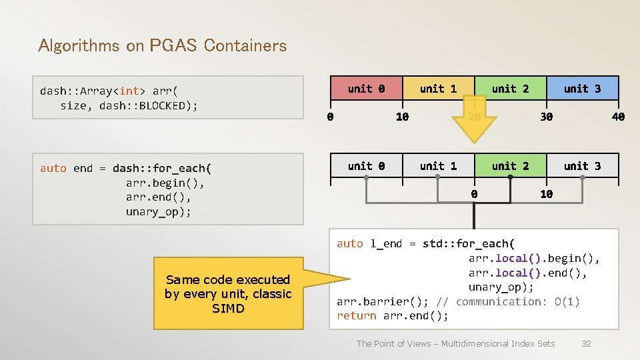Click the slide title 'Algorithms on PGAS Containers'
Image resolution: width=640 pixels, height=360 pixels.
pyautogui.click(x=163, y=45)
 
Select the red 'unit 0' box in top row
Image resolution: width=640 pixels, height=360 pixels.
pyautogui.click(x=366, y=89)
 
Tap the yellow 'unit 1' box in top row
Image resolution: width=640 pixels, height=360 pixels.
pyautogui.click(x=438, y=89)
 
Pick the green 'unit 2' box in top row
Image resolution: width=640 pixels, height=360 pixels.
pyautogui.click(x=510, y=89)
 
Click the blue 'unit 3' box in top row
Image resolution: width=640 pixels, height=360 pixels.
pyautogui.click(x=582, y=89)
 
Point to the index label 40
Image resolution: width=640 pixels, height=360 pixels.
pyautogui.click(x=618, y=117)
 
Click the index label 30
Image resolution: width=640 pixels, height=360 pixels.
pyautogui.click(x=546, y=117)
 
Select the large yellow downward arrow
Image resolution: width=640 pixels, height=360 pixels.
pyautogui.click(x=474, y=123)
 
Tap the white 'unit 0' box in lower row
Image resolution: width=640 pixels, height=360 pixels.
pyautogui.click(x=366, y=166)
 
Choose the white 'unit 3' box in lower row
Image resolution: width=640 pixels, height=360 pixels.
pyautogui.click(x=582, y=166)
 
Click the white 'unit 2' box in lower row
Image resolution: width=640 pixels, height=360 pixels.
pyautogui.click(x=510, y=166)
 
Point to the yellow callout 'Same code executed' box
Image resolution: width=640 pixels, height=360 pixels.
pyautogui.click(x=228, y=294)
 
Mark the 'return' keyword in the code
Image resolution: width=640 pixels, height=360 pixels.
pyautogui.click(x=357, y=316)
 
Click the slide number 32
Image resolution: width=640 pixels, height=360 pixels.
pyautogui.click(x=586, y=343)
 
